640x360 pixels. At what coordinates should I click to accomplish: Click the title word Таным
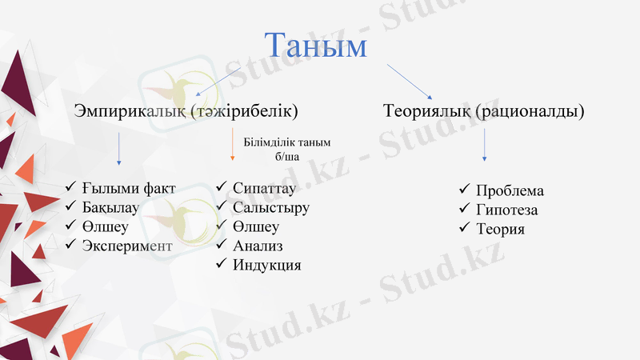coord(315,46)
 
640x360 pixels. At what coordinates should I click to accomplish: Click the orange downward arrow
coord(232,146)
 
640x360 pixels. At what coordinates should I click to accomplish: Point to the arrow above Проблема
coord(484,146)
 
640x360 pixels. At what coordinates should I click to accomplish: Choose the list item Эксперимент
coord(126,246)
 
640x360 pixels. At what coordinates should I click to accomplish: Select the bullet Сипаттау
coord(264,189)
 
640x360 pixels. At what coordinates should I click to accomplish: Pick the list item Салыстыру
coord(270,208)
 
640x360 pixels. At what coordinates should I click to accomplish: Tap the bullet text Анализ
coord(258,246)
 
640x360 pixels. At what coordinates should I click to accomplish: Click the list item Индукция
coord(266,265)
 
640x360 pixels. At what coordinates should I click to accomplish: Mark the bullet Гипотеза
coord(506,210)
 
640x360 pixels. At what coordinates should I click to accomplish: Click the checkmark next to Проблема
coord(465,190)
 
